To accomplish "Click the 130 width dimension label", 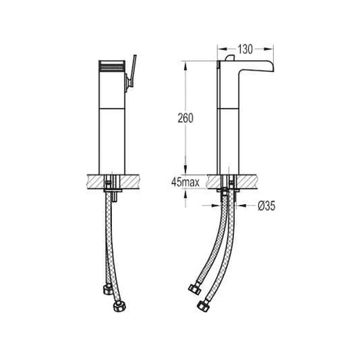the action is click(245, 49).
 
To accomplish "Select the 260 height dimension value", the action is click(185, 118).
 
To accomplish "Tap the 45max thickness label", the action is click(185, 182).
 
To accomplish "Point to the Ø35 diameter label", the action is click(266, 206).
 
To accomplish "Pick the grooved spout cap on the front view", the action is click(112, 66).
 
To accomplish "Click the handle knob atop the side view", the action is click(230, 58).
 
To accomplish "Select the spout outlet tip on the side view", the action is click(272, 69).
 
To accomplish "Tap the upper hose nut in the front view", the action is click(107, 290).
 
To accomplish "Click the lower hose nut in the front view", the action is click(121, 307).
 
